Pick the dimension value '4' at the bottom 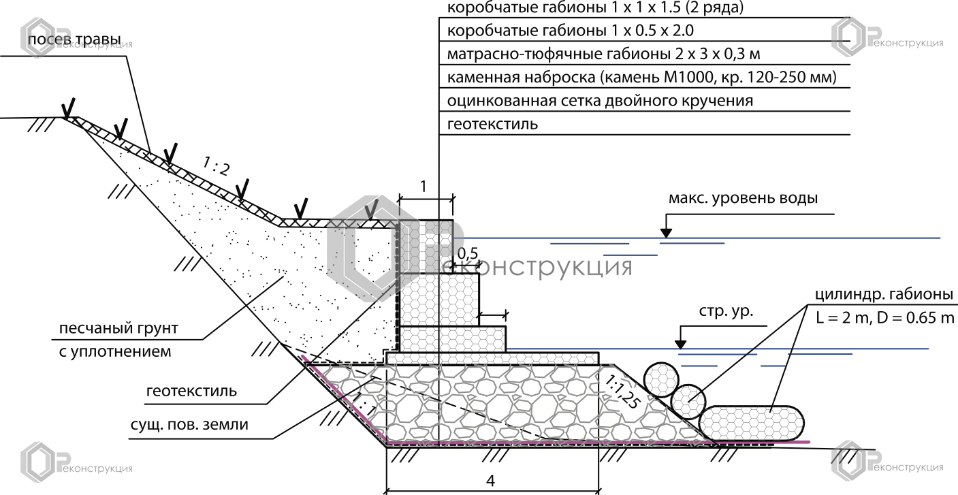tap(490, 480)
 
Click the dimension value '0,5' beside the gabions tap(468, 253)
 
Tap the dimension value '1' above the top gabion tap(424, 186)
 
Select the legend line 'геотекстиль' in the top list tap(492, 125)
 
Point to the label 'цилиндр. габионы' tap(883, 295)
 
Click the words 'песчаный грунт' tap(118, 329)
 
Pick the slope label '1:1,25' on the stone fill tap(620, 390)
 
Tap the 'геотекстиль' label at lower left tap(191, 392)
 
